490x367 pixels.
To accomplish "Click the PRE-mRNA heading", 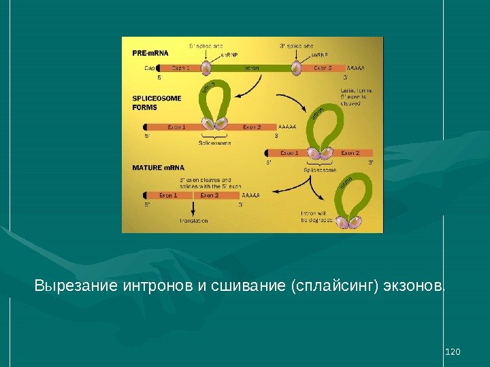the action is pos(150,52).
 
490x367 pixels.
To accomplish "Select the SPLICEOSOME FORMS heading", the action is pos(156,103).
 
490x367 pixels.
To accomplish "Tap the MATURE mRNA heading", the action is pos(157,167).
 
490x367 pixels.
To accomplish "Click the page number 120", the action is pos(452,351).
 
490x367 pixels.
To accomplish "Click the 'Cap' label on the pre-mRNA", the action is pos(150,68).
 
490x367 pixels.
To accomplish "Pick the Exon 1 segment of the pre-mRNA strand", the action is pos(181,68).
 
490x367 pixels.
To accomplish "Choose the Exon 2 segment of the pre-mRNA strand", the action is pos(323,68).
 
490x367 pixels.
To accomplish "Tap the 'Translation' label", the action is pos(193,221).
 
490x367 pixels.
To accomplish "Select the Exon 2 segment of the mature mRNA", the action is pos(210,196).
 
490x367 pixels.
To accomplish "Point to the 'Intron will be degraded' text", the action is pos(316,217).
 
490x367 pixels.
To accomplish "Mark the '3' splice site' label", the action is pos(296,46).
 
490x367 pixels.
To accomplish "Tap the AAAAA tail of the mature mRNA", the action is pos(251,196).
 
